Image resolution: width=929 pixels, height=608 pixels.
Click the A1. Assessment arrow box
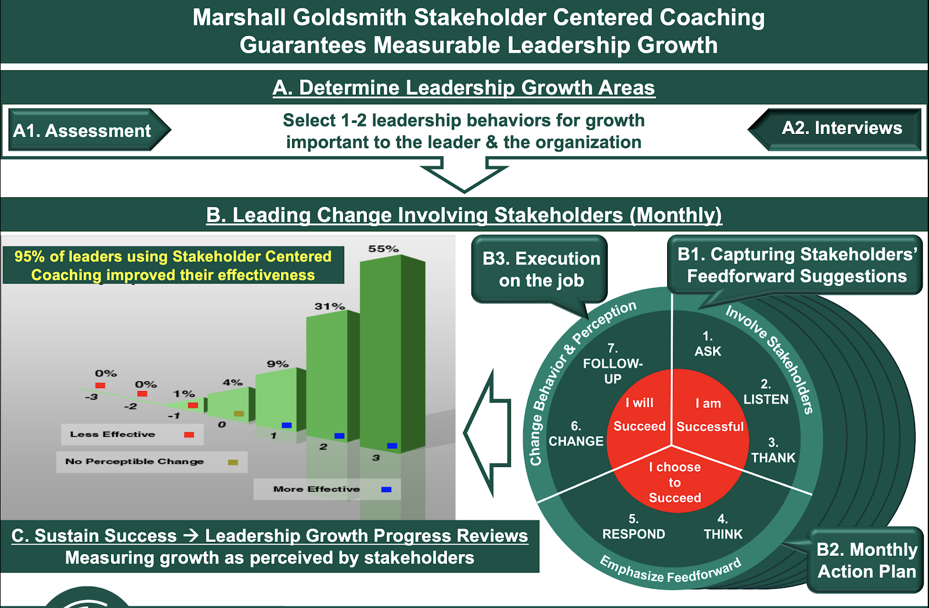[89, 130]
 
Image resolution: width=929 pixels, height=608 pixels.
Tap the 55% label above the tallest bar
[383, 249]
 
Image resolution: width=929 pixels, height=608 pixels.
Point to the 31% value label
[330, 306]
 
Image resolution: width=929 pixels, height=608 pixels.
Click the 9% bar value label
[278, 364]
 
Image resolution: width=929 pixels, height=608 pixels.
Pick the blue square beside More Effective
[386, 490]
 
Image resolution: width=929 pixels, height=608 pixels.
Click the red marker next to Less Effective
[189, 435]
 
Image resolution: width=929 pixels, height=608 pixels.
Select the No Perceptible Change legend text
[134, 461]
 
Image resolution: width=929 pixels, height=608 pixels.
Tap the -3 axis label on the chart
[91, 397]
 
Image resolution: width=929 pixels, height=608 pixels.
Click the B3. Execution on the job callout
[540, 269]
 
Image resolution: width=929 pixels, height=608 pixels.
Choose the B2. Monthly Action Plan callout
[866, 560]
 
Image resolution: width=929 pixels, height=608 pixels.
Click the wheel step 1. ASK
[708, 343]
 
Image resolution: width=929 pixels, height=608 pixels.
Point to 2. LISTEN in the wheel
[766, 392]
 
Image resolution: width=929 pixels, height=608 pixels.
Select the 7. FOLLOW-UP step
[613, 364]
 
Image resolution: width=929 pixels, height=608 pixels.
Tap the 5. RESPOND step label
[633, 526]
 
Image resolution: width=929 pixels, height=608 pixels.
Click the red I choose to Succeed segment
[675, 482]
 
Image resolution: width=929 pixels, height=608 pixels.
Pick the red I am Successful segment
[709, 414]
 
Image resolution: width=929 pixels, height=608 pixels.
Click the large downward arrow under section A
[464, 175]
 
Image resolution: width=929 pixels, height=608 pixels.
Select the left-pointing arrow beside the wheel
[487, 433]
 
